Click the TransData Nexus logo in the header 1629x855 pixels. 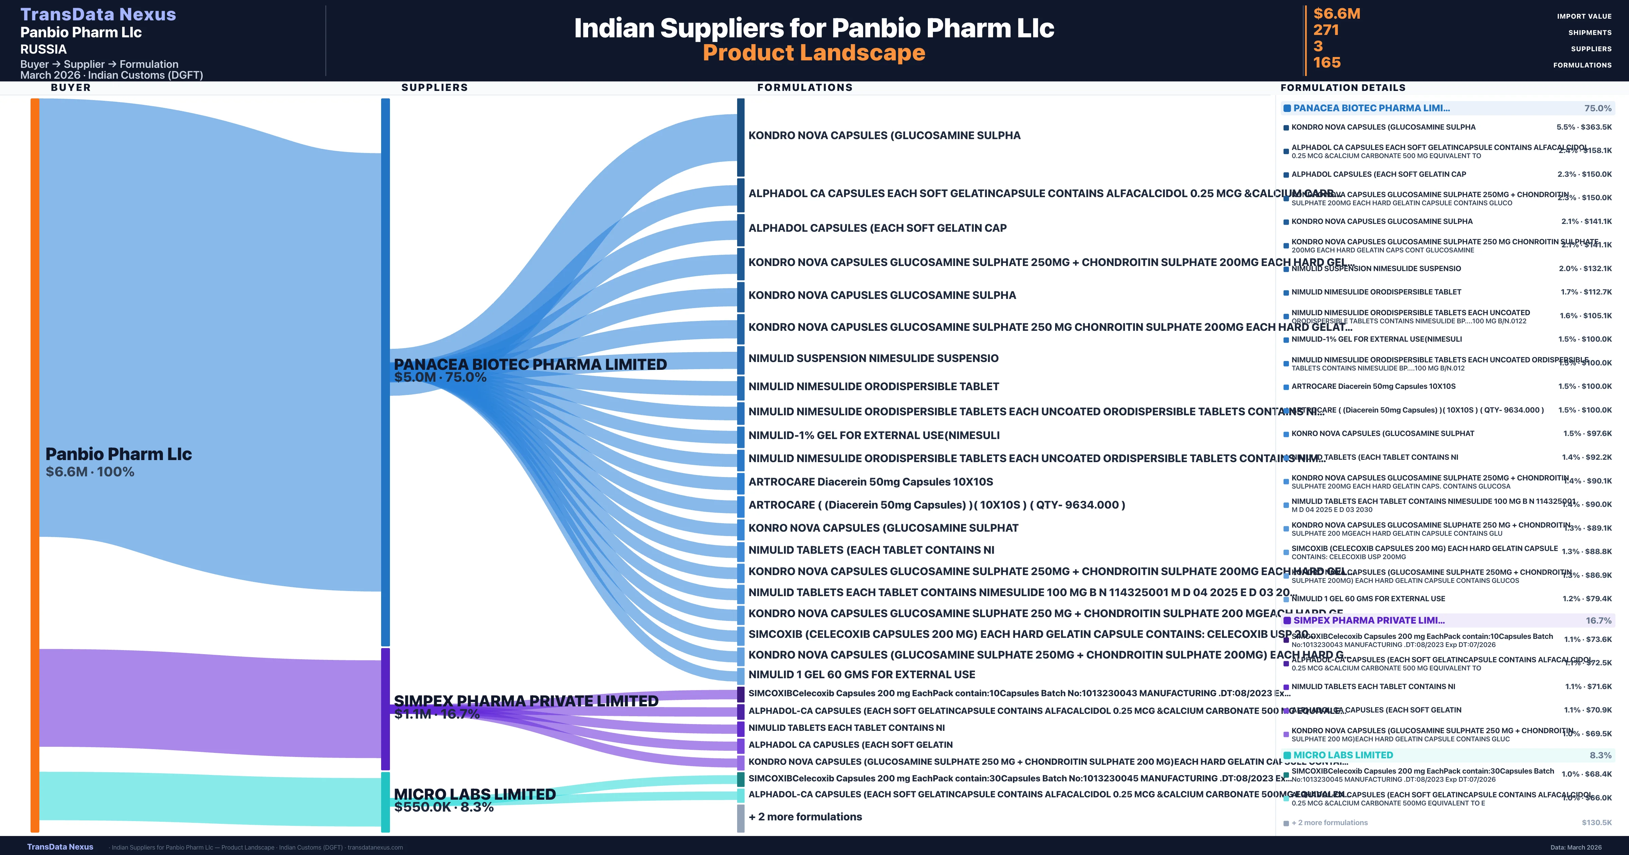tap(98, 14)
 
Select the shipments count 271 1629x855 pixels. tap(1326, 30)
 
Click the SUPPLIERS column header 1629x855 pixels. tap(434, 87)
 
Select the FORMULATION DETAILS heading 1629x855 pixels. tap(1343, 87)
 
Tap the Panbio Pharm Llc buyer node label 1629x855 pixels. tap(118, 454)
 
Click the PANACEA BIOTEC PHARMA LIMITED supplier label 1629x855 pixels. tap(530, 364)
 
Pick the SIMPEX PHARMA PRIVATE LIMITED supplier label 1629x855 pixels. tap(525, 701)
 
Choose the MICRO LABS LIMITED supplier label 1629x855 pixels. tap(474, 794)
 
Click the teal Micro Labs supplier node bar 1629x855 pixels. tap(385, 801)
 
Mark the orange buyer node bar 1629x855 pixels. tap(35, 465)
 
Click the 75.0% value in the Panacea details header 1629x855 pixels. tap(1597, 108)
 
